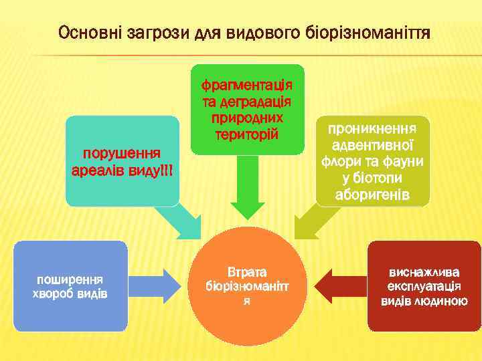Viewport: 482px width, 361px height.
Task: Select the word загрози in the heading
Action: click(151, 32)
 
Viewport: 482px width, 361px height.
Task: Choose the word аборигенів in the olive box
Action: click(374, 195)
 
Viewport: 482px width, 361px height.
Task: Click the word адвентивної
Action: click(374, 145)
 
